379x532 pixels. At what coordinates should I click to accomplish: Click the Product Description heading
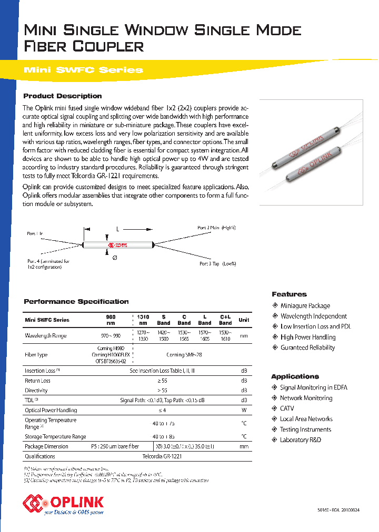tap(63, 96)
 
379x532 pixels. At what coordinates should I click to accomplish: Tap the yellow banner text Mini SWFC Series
tap(83, 70)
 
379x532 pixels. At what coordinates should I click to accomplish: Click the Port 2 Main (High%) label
tap(216, 228)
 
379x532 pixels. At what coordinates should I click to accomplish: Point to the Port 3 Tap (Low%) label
tap(217, 263)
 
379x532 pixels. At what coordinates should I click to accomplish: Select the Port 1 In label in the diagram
tap(36, 233)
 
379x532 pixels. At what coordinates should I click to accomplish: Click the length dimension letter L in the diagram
tap(118, 229)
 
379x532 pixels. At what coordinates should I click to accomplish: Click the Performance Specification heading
tap(76, 302)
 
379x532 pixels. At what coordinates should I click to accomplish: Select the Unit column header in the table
tap(244, 320)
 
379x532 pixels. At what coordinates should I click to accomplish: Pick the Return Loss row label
tap(38, 381)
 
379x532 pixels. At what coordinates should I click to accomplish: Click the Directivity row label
tap(36, 391)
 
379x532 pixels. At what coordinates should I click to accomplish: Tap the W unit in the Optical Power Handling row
tap(244, 410)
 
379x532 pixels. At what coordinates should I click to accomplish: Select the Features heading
tap(289, 294)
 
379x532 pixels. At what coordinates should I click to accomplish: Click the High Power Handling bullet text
tap(308, 337)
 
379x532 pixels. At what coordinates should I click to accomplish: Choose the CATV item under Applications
tap(287, 408)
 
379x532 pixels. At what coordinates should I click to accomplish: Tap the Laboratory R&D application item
tap(300, 440)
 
